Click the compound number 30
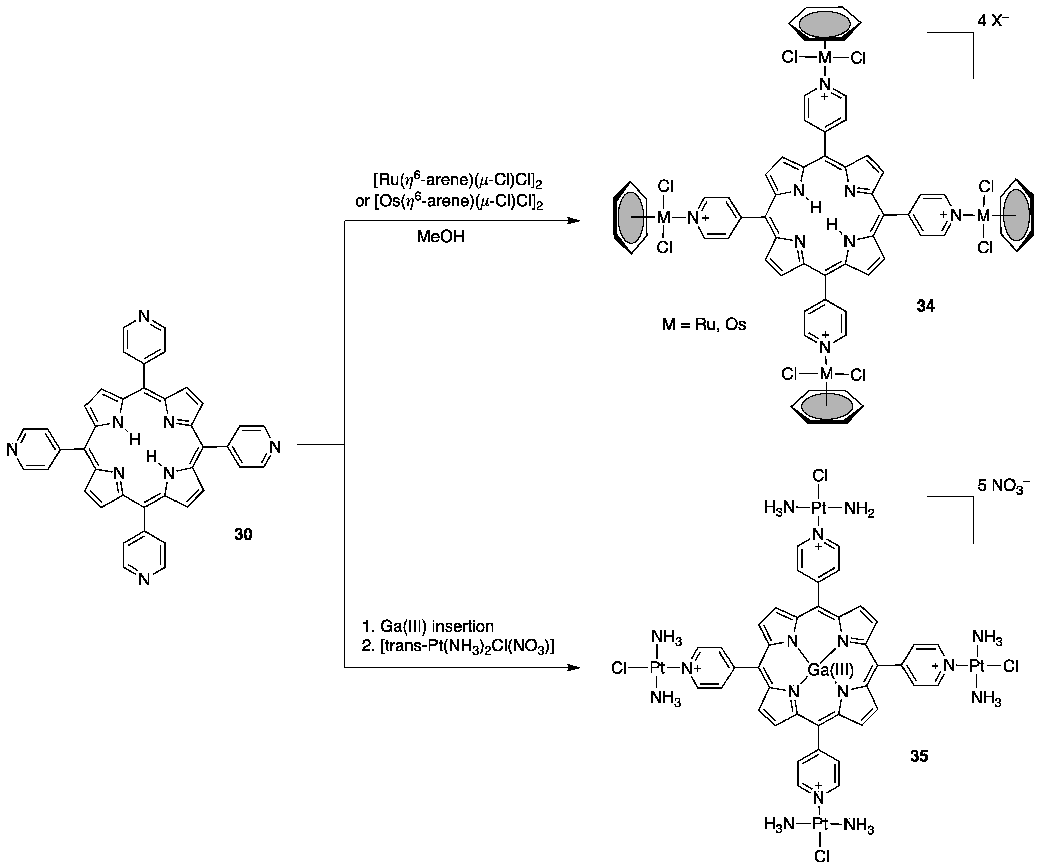pyautogui.click(x=243, y=534)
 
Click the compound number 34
pyautogui.click(x=925, y=306)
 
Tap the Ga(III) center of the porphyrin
pyautogui.click(x=830, y=670)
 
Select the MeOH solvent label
pyautogui.click(x=440, y=237)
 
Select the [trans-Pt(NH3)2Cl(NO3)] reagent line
pyautogui.click(x=458, y=646)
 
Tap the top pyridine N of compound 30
pyautogui.click(x=144, y=316)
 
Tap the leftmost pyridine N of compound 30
pyautogui.click(x=12, y=450)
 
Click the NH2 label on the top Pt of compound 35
pyautogui.click(x=859, y=510)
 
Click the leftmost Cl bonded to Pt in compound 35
pyautogui.click(x=619, y=668)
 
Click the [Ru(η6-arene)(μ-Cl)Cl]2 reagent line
pyautogui.click(x=458, y=181)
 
